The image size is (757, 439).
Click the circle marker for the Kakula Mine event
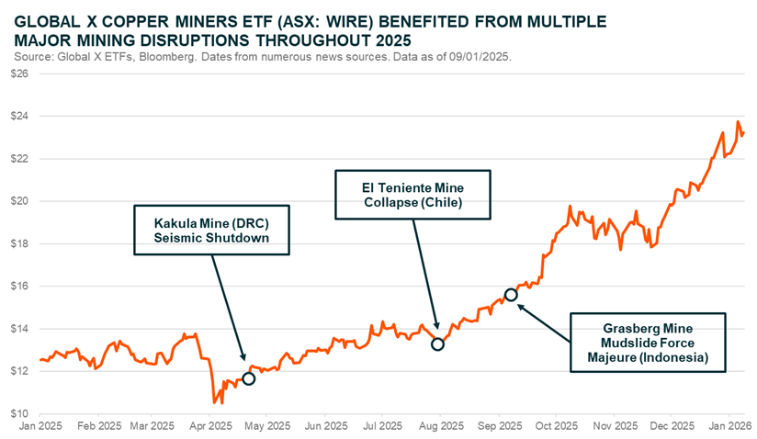tap(248, 377)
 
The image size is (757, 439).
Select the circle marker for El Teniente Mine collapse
tap(437, 344)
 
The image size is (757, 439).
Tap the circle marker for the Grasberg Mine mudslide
tap(511, 295)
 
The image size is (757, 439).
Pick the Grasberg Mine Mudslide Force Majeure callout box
tap(649, 341)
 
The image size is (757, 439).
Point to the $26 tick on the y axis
tap(17, 74)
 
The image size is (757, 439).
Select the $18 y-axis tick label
tap(17, 244)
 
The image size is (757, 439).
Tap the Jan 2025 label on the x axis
tap(41, 427)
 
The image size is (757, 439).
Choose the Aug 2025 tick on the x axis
tap(440, 427)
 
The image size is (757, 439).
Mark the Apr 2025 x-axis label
tap(211, 427)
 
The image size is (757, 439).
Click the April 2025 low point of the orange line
tap(214, 402)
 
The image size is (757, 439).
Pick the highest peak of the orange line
tap(738, 121)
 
